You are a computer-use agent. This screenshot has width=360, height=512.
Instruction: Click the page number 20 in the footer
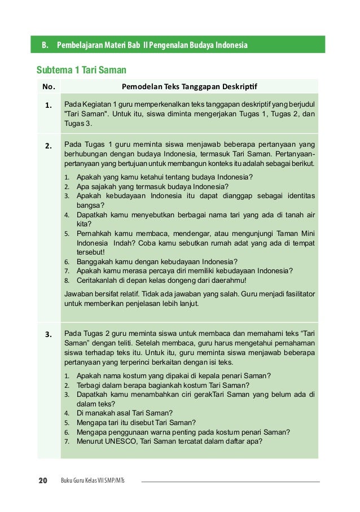(42, 481)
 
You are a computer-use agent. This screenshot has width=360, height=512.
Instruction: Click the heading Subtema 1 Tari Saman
(81, 70)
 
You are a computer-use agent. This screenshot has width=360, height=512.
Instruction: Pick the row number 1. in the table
(49, 105)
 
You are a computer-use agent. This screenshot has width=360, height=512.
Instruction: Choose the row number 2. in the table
(49, 145)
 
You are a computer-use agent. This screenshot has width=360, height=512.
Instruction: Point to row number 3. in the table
(49, 334)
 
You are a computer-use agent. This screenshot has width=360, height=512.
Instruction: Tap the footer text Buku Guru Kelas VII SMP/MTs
(93, 482)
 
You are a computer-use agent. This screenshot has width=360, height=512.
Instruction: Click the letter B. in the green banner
(43, 45)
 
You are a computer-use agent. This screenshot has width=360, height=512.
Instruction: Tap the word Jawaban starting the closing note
(79, 294)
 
